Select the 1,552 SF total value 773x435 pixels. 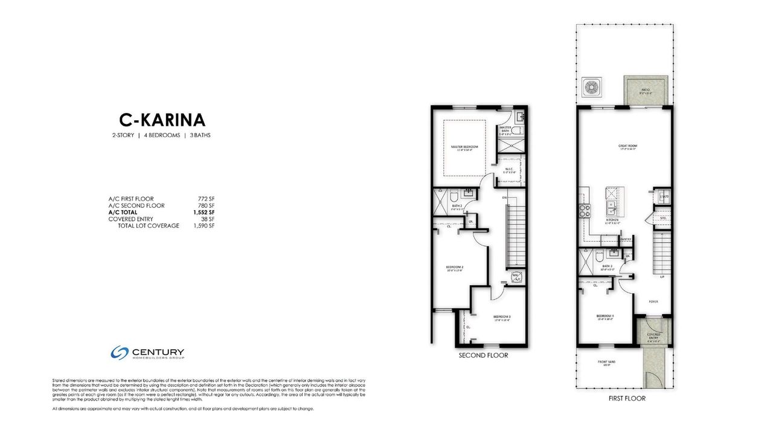tap(204, 212)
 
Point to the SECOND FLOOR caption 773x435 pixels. tap(483, 355)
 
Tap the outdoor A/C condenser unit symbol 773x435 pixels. tap(590, 87)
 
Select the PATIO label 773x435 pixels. tap(646, 89)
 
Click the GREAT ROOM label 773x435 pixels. tap(627, 146)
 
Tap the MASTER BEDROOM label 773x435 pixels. tap(464, 147)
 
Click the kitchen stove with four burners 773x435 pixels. tap(585, 210)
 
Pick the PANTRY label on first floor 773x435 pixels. tap(626, 239)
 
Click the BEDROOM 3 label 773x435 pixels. tap(502, 317)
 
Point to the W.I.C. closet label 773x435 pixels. tap(509, 170)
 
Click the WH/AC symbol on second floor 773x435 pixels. tap(516, 277)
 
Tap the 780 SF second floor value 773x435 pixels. tap(206, 205)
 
